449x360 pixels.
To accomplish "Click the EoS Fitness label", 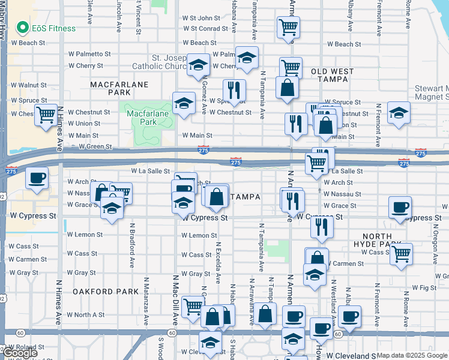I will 54,28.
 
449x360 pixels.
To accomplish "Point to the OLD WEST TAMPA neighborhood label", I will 333,75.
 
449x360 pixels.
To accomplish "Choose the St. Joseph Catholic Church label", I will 173,62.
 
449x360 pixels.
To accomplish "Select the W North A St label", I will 86,314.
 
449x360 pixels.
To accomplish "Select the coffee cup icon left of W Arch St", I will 37,178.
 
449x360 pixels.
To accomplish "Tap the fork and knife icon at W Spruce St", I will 234,90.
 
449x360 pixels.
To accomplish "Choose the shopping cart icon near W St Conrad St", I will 288,26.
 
